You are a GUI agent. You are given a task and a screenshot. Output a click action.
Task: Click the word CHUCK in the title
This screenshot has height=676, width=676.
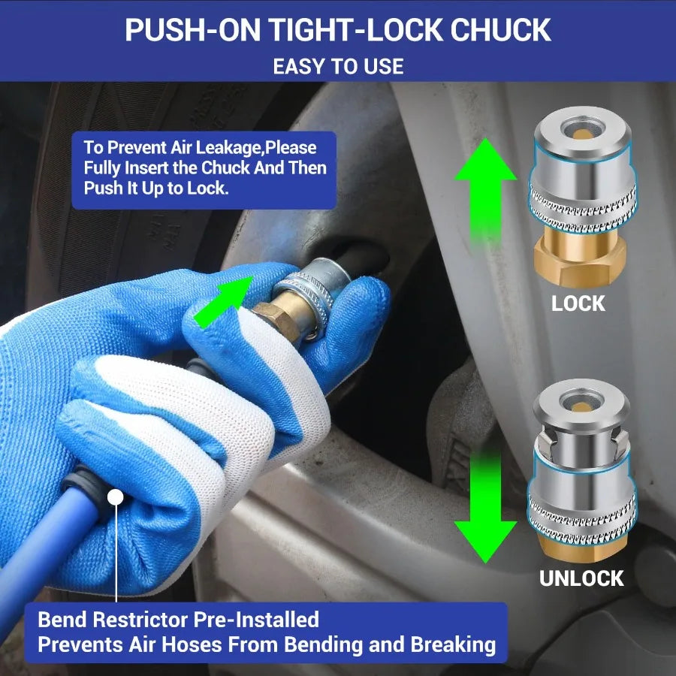500,30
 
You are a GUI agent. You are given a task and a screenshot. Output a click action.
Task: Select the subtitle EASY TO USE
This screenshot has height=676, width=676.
339,66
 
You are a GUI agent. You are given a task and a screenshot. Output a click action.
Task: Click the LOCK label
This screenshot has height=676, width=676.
578,303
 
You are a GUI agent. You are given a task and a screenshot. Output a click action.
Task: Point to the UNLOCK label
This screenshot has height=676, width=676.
581,578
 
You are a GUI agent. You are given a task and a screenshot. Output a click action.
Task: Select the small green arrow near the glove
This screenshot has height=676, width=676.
223,302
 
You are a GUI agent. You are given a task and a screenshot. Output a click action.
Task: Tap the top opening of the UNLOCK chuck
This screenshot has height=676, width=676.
581,403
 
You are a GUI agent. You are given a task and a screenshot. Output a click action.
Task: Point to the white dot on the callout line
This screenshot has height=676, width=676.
115,497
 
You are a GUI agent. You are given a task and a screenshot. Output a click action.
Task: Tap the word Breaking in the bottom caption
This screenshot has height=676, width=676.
453,645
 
